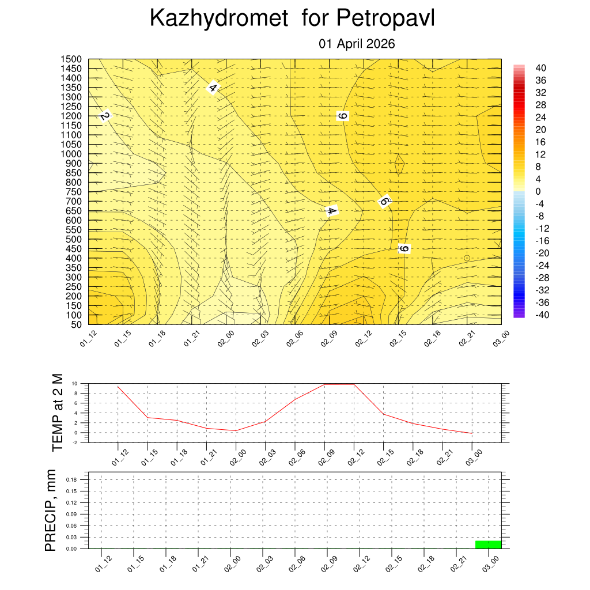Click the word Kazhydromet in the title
(x=218, y=18)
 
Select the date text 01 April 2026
(x=357, y=44)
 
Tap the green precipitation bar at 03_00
(x=488, y=544)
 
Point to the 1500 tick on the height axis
(x=72, y=59)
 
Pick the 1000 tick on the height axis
(x=72, y=154)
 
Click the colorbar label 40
(x=540, y=67)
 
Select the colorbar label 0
(x=538, y=191)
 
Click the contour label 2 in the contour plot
(x=104, y=116)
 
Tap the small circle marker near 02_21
(x=467, y=258)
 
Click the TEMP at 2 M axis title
(x=57, y=412)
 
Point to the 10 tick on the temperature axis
(x=75, y=383)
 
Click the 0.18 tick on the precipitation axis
(x=71, y=479)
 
